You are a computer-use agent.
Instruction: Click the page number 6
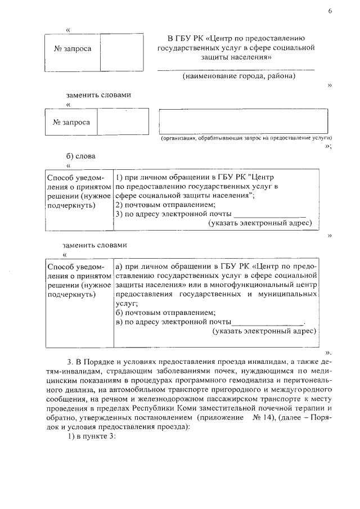pyautogui.click(x=330, y=12)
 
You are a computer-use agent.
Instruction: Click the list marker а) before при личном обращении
pyautogui.click(x=119, y=266)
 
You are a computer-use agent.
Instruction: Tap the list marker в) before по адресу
pyautogui.click(x=119, y=322)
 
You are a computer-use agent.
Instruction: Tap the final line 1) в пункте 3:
pyautogui.click(x=91, y=436)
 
